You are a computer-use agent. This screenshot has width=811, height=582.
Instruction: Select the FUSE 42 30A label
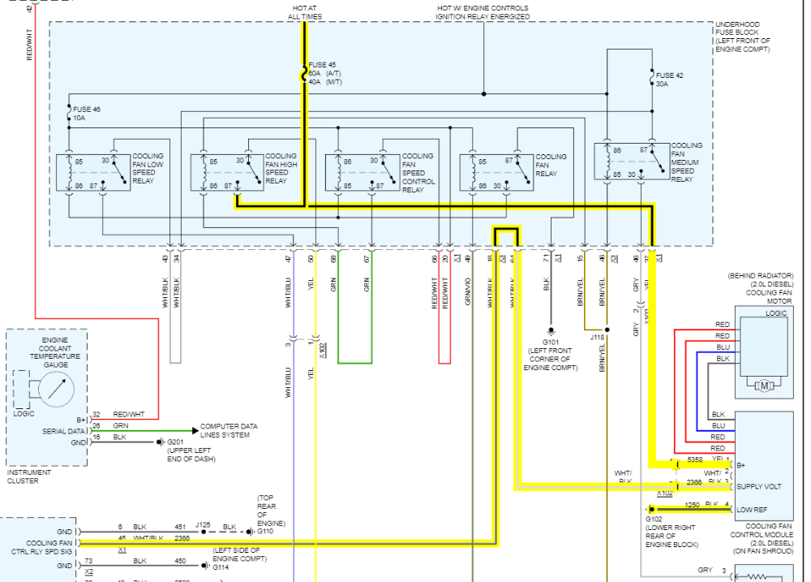click(x=669, y=79)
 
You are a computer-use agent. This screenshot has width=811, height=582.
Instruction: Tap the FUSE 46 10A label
click(x=87, y=113)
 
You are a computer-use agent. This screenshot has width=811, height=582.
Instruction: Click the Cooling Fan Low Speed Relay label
click(x=148, y=168)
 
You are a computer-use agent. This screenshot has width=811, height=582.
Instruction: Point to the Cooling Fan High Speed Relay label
click(x=281, y=168)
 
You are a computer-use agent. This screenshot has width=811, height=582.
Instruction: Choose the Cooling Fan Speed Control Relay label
click(x=417, y=173)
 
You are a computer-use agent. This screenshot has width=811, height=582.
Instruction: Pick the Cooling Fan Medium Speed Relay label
click(x=687, y=162)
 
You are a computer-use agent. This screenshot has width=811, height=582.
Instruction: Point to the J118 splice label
click(x=598, y=337)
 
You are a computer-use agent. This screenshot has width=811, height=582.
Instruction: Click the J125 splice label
click(x=203, y=525)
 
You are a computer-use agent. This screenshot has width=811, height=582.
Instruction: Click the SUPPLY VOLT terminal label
click(x=758, y=486)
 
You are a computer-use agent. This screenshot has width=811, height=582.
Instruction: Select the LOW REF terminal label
click(x=751, y=510)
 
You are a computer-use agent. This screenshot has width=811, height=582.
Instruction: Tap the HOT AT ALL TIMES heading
click(x=304, y=12)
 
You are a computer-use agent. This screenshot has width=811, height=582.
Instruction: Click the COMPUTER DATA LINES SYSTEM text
click(x=229, y=430)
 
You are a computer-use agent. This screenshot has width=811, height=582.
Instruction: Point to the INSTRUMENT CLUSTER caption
click(x=29, y=476)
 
